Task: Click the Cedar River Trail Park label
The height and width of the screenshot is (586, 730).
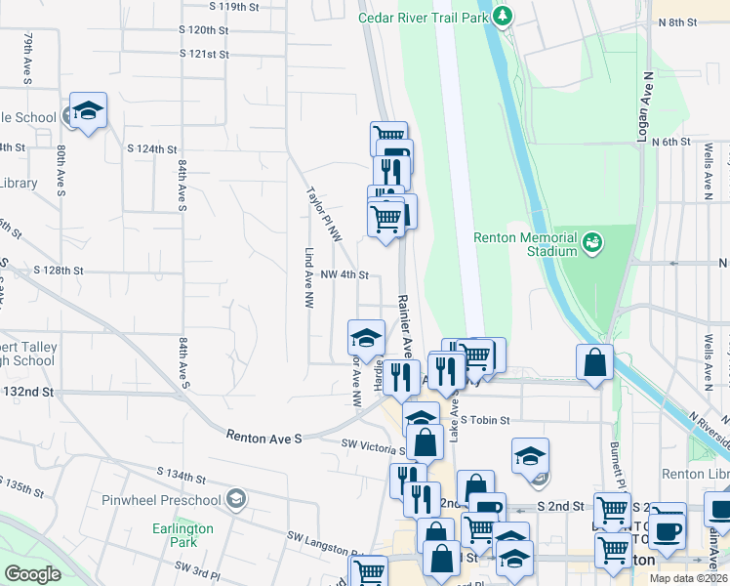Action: [423, 17]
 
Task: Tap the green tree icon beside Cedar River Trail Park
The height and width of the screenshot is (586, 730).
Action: [503, 16]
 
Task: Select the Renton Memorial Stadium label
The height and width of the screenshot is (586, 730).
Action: [526, 244]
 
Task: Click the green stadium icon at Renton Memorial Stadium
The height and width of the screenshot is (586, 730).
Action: [590, 241]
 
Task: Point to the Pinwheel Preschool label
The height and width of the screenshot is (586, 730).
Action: [161, 501]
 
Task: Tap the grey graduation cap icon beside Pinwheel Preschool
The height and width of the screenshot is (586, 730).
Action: [234, 500]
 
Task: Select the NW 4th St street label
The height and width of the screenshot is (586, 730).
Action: [344, 275]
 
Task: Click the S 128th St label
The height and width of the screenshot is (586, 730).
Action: [59, 270]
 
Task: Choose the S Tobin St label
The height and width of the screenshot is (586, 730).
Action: [486, 420]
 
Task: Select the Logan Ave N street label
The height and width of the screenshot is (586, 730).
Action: [644, 107]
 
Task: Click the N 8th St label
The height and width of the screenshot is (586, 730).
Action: [678, 21]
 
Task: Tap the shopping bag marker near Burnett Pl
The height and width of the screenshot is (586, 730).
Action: [594, 364]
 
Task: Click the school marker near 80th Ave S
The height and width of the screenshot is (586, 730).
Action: [87, 112]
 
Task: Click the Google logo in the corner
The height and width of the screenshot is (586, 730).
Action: [33, 574]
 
